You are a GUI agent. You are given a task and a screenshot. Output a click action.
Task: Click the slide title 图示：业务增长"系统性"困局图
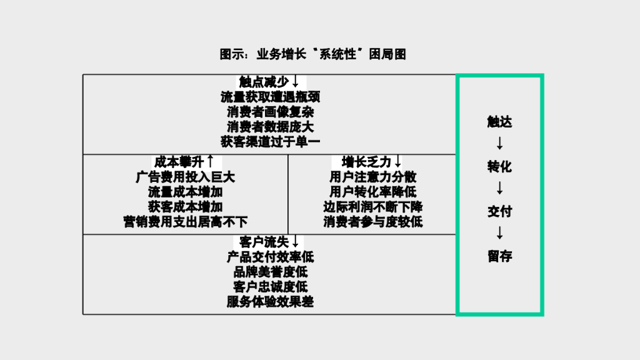(x=312, y=54)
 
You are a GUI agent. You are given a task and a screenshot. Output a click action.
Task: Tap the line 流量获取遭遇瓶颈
(x=270, y=97)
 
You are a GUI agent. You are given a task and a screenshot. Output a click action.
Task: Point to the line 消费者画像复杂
(x=270, y=112)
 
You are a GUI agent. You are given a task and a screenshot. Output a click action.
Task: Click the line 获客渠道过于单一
(x=270, y=142)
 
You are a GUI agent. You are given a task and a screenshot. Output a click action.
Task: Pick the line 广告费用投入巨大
(x=186, y=177)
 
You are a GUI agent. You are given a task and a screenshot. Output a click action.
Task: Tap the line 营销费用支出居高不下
(x=186, y=222)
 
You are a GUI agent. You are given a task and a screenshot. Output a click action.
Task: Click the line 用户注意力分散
(x=373, y=177)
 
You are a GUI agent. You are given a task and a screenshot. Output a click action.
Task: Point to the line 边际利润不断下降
(x=373, y=207)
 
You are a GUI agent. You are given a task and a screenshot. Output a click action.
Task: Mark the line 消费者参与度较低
(x=373, y=222)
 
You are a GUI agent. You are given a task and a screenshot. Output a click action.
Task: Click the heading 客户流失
(x=263, y=242)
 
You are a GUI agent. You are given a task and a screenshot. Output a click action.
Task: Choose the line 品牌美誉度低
(x=270, y=272)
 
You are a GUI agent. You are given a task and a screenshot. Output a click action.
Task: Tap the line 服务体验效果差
(x=270, y=302)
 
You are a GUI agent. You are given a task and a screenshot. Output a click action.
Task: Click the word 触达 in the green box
(x=499, y=122)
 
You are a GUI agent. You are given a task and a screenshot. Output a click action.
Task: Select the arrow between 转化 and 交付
(x=499, y=189)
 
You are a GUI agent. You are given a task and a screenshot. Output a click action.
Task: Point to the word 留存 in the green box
(x=499, y=256)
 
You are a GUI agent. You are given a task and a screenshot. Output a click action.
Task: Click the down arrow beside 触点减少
(x=295, y=82)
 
